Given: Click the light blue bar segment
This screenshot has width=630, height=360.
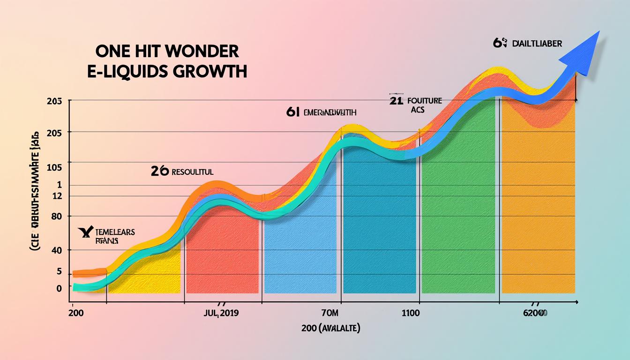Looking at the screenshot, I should pos(300,253).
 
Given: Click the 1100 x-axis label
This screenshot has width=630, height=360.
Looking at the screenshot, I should pos(411,313).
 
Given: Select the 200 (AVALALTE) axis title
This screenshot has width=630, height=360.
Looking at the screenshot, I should pos(331,329).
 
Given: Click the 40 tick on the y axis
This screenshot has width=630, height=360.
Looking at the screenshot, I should pos(57,251).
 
